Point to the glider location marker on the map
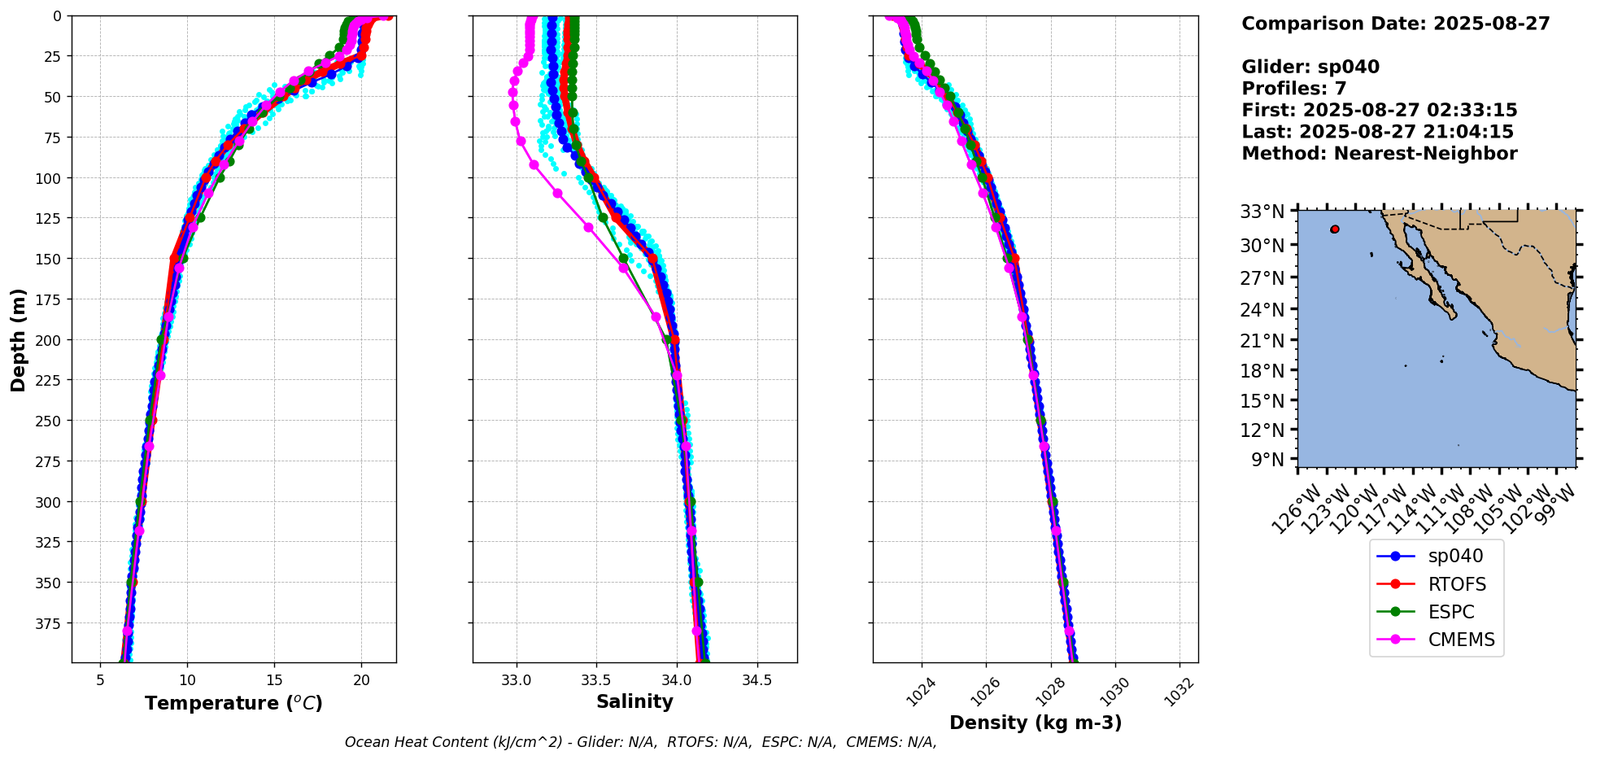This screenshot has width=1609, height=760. click(1335, 229)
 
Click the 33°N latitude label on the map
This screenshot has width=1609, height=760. click(1262, 212)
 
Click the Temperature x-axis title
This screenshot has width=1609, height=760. click(233, 703)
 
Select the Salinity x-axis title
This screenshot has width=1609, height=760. click(634, 702)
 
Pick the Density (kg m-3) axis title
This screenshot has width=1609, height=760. click(1036, 723)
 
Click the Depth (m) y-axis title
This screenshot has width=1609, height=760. click(18, 339)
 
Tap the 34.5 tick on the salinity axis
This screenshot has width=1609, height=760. click(757, 680)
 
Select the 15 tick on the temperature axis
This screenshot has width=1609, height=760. click(274, 680)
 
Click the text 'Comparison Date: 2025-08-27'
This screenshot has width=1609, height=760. click(1396, 24)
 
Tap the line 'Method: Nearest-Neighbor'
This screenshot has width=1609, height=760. click(1380, 154)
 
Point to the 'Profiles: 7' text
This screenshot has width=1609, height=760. click(1294, 89)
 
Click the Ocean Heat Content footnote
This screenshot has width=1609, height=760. click(640, 742)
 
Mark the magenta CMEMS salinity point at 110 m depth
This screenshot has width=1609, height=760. click(557, 194)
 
